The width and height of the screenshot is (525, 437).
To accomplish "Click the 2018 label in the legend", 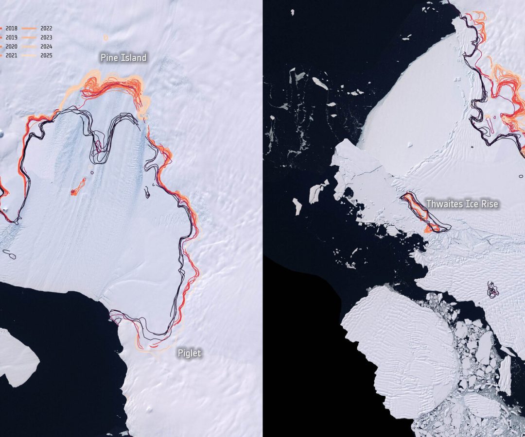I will coord(11,28).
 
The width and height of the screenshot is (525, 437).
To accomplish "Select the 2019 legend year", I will coord(11,37).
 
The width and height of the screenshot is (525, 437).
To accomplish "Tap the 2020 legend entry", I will coord(11,46).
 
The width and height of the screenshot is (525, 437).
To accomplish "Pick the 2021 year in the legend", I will coord(11,55).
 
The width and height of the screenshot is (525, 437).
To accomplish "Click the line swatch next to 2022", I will coord(33,28).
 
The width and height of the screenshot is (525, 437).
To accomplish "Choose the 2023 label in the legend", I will coord(47,37).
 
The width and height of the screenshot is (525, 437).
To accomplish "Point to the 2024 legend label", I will coord(47,46).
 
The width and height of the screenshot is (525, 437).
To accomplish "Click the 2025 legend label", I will coord(47,55).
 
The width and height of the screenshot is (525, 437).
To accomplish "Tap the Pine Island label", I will coord(123,58).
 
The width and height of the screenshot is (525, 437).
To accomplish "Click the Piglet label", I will coord(189,353).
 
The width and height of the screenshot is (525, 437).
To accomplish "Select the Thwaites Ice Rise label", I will coord(462,204).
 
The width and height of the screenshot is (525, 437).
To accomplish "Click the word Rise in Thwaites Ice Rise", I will coord(490,204).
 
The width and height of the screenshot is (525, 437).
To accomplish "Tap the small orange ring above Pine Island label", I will coord(105,37).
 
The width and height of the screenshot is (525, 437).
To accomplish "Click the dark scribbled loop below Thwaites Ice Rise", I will coord(493,290).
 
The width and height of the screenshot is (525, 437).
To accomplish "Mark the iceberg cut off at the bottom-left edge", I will coord(17,357).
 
